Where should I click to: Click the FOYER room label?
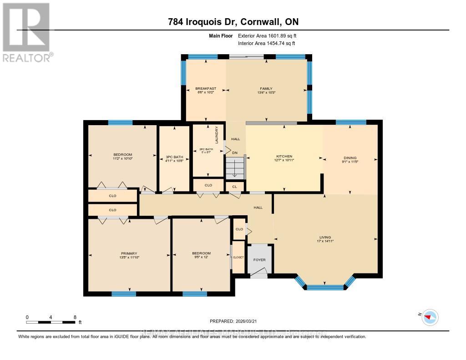coord(259,260)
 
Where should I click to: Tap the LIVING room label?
coord(325,237)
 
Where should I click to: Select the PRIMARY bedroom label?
coord(129,254)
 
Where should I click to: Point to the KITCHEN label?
coord(284,156)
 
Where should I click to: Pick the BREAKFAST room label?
coord(205,88)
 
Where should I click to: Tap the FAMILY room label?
coord(266,88)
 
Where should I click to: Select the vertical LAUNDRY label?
coord(217,135)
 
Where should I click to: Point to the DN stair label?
coord(235,153)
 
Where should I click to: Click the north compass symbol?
coord(430,317)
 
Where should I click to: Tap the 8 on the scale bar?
coord(75,317)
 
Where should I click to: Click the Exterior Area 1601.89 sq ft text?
coord(267,35)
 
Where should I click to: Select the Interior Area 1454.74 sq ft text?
coord(266,44)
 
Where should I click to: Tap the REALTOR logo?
coord(26,32)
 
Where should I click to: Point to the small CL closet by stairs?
coord(235,187)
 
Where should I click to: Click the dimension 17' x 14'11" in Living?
coord(325,241)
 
